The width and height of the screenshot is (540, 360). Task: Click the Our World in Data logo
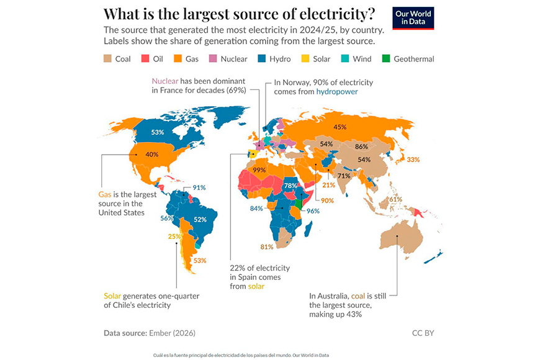413,18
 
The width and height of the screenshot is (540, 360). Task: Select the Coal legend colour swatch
107,58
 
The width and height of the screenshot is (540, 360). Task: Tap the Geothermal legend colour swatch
386,58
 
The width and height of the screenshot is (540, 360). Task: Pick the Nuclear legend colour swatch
213,58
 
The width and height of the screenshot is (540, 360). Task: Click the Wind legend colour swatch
344,58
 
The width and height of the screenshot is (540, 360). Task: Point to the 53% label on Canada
158,132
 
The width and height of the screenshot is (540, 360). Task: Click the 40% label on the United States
152,155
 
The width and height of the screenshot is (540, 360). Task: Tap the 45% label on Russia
340,127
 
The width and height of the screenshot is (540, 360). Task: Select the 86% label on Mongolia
361,146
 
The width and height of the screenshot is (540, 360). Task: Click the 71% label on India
344,176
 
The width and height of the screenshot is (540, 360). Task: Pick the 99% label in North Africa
259,170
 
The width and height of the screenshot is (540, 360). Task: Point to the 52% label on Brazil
200,220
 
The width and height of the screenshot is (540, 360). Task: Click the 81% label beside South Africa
267,247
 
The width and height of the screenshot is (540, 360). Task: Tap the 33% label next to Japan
413,160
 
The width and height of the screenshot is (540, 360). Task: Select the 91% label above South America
199,187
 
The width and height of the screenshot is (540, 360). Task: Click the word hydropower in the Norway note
337,92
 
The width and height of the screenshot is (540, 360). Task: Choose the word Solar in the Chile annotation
112,296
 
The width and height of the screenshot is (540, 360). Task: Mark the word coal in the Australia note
358,296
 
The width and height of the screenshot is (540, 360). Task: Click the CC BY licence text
423,333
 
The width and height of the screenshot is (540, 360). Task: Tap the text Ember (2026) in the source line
172,333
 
